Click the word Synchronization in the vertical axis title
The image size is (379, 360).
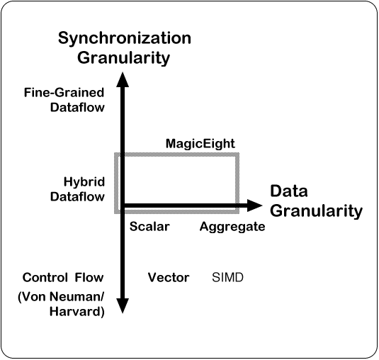125,39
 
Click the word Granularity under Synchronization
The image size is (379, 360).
123,58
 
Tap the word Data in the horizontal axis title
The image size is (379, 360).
289,191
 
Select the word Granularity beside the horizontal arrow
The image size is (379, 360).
316,211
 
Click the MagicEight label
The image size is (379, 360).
200,144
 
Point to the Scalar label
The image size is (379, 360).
149,227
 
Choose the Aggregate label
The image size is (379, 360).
232,227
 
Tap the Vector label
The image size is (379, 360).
169,277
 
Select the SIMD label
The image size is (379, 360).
227,277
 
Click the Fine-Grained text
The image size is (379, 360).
64,93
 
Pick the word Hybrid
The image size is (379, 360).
84,182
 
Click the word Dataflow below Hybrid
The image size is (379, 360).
77,196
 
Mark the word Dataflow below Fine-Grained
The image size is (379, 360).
77,107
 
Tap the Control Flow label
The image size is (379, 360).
63,277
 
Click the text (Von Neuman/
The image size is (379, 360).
61,297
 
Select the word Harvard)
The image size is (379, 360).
77,312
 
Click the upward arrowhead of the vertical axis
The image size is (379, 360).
123,79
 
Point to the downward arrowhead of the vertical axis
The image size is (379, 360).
123,306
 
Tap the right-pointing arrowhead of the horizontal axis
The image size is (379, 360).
255,206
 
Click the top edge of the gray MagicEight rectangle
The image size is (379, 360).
176,154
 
